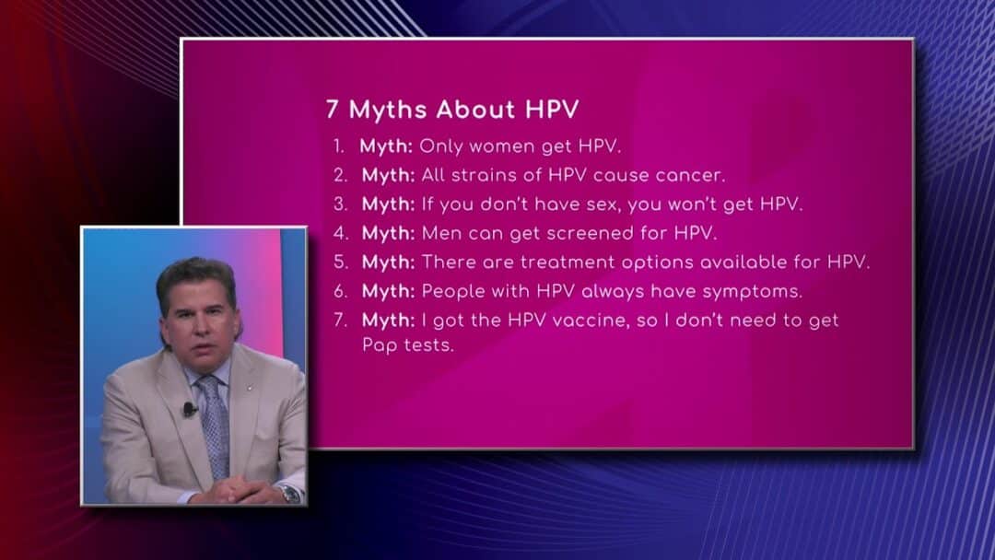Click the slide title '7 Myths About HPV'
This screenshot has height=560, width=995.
pyautogui.click(x=452, y=109)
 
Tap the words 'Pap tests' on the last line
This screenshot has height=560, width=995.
pyautogui.click(x=408, y=345)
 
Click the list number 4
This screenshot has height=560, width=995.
pyautogui.click(x=341, y=233)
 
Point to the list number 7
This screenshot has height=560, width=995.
pyautogui.click(x=341, y=320)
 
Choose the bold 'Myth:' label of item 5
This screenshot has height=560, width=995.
pyautogui.click(x=389, y=262)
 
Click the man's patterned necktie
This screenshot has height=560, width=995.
pyautogui.click(x=215, y=426)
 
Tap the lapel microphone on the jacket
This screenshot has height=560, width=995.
pyautogui.click(x=189, y=409)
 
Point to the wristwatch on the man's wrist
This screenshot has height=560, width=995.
pyautogui.click(x=290, y=494)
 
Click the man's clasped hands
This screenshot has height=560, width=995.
pyautogui.click(x=238, y=490)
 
